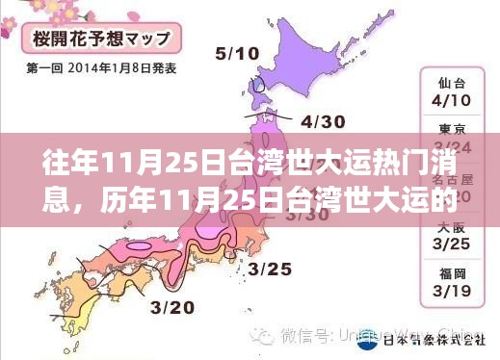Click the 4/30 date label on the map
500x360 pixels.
click(323, 122)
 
